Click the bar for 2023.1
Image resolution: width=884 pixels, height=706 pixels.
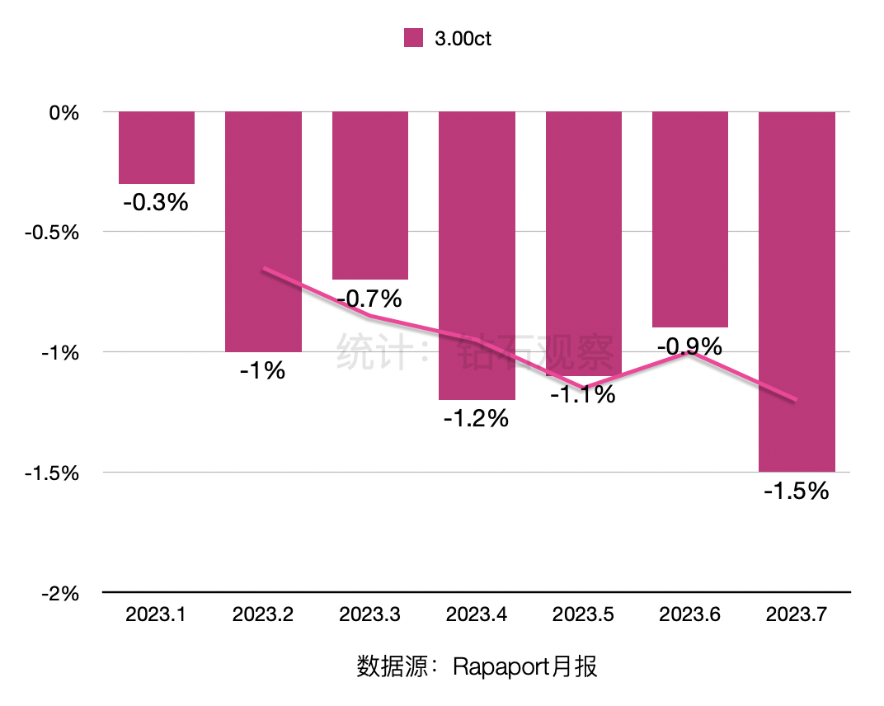point(157,148)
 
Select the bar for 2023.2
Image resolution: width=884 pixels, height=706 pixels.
point(263,231)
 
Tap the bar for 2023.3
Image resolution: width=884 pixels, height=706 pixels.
point(370,195)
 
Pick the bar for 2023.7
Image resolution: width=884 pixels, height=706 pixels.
point(797,291)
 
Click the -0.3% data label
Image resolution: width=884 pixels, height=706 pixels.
point(156,202)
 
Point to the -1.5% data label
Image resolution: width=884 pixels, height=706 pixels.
point(796,492)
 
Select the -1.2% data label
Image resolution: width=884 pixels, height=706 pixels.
point(476,419)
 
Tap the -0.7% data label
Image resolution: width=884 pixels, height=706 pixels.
point(369,298)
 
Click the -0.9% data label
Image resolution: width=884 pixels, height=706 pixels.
point(689,346)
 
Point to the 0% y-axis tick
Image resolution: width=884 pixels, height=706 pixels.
point(63,112)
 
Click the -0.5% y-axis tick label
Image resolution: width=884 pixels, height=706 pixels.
point(52,233)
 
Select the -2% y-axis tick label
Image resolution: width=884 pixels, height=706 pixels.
point(59,593)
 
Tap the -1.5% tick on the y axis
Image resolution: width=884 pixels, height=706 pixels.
point(52,473)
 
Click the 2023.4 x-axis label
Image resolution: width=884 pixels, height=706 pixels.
point(476,615)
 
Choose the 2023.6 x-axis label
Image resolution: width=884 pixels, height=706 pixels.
point(689,615)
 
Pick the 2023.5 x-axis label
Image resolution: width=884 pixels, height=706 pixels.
point(583,615)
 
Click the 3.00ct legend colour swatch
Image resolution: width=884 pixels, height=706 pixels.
point(413,38)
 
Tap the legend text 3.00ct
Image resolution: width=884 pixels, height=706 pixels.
point(463,39)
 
